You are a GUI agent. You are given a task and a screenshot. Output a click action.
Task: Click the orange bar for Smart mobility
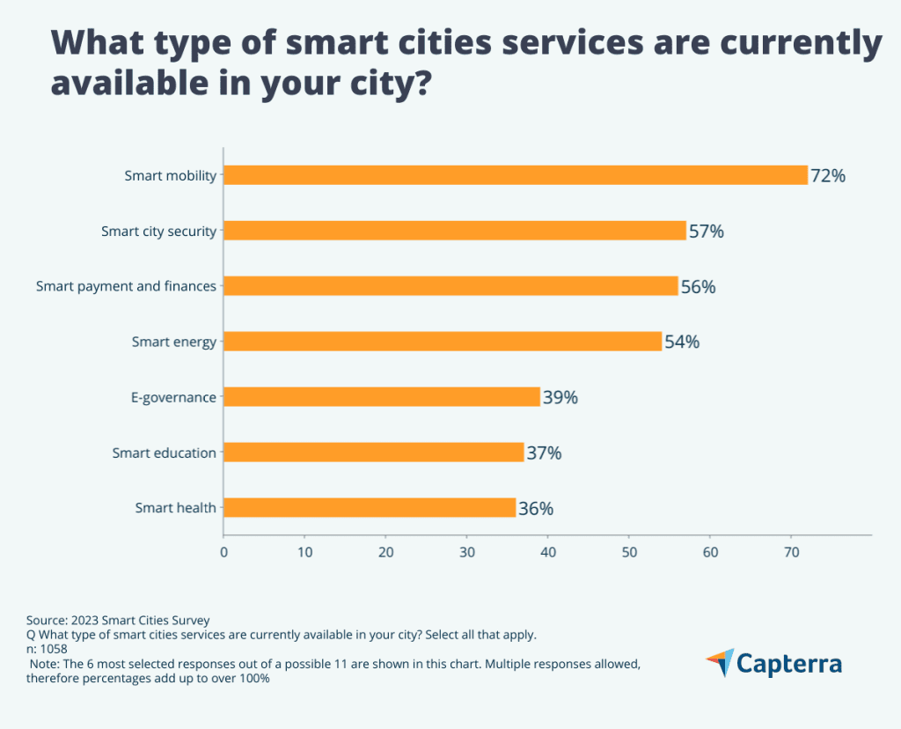(515, 175)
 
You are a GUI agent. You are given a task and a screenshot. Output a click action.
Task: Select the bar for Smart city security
(455, 231)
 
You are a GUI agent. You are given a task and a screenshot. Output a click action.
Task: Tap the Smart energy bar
(443, 342)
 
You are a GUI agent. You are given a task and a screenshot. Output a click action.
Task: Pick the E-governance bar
(382, 397)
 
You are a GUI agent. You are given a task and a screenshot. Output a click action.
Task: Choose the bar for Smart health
(370, 508)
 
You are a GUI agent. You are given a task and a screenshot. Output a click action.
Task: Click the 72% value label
(828, 176)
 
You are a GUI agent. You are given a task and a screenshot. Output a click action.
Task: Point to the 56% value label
(698, 287)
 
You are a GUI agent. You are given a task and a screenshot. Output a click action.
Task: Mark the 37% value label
(544, 453)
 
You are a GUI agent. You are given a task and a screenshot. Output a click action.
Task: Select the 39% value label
(560, 398)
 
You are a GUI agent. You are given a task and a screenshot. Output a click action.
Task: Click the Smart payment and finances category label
(126, 286)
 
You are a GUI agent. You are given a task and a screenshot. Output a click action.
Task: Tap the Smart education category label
(164, 453)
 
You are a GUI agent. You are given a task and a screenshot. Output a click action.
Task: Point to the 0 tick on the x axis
(223, 552)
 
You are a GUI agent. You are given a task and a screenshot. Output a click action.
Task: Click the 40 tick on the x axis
(547, 552)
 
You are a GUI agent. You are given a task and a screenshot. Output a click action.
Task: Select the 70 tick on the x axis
(790, 552)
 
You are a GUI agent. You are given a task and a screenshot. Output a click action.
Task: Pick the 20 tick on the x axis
(385, 552)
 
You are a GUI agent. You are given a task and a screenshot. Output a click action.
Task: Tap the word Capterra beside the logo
(789, 664)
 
